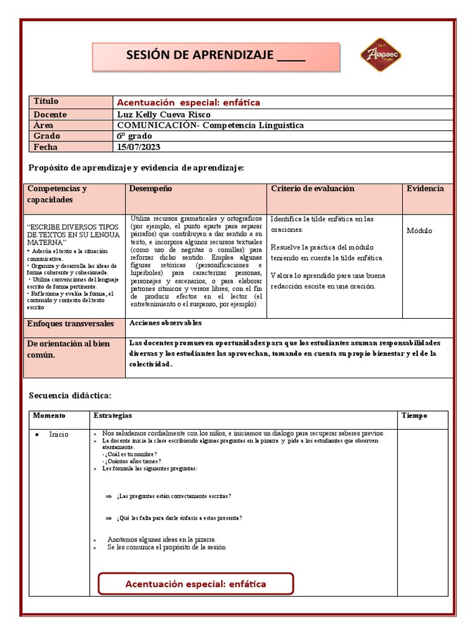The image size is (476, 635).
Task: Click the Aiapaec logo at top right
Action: coord(381,55)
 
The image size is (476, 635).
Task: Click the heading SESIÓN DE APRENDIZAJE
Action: coord(216,56)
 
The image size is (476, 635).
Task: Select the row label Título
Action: coord(46,101)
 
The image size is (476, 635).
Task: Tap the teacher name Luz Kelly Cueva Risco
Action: coord(164,115)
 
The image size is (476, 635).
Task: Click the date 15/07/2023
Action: coord(139,147)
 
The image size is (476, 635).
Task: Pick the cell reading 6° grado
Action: coord(134,136)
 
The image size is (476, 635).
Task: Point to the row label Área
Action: coord(43,125)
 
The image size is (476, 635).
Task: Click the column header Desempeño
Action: coord(151,189)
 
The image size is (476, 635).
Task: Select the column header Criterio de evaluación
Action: coord(312,189)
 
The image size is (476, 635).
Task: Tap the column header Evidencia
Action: coord(425,189)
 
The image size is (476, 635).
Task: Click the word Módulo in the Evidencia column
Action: coord(420,231)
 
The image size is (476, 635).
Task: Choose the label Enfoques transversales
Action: coord(70,324)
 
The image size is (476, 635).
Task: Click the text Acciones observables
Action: coord(165,323)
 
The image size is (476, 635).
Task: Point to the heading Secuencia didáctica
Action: coord(70,395)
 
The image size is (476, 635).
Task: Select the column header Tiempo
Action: coord(415,415)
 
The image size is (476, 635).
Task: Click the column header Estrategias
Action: coord(112,415)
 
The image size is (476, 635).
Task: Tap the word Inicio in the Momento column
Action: coord(59,434)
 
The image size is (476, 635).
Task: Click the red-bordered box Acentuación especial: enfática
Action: coord(196,584)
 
